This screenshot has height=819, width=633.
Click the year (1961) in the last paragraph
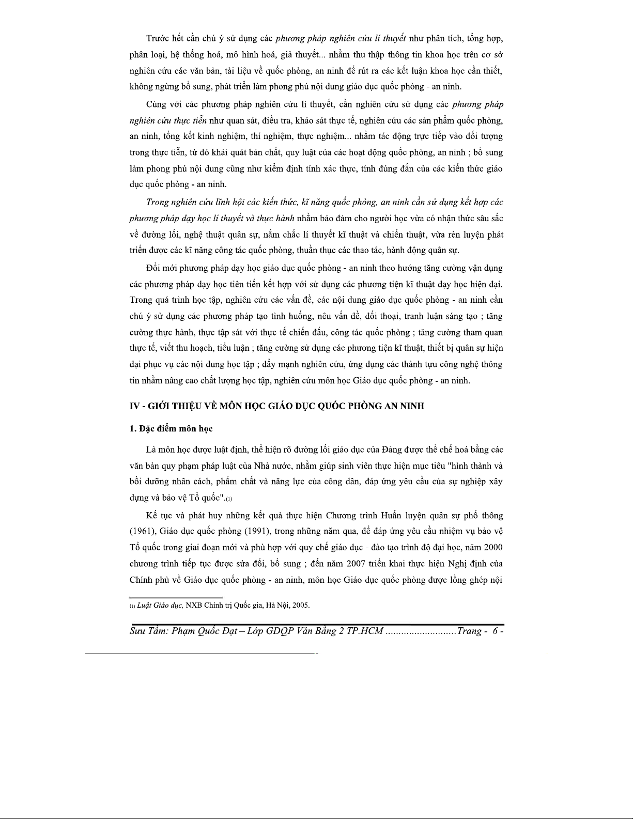click(x=143, y=531)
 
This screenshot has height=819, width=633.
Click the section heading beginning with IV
click(x=276, y=406)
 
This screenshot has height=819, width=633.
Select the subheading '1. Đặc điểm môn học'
click(x=171, y=429)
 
